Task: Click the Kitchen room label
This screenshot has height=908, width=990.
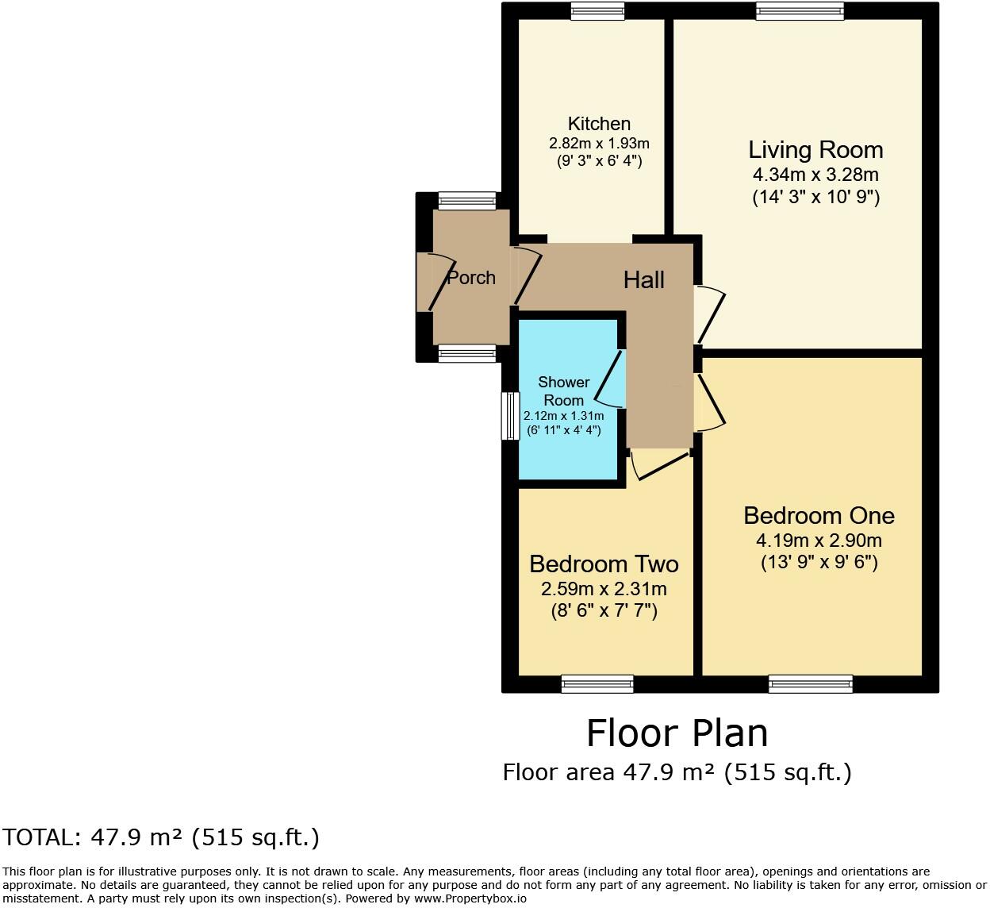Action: [599, 124]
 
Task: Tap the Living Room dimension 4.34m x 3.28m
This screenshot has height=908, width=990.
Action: [815, 175]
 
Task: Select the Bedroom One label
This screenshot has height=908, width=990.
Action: [819, 516]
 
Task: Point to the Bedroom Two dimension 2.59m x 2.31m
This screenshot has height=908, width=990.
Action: [604, 589]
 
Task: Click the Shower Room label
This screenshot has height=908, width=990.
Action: [563, 391]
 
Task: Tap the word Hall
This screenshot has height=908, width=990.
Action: [643, 279]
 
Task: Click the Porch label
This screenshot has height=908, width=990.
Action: [471, 278]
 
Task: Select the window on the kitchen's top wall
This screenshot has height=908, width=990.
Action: [597, 11]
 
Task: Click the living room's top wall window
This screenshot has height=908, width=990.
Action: [800, 11]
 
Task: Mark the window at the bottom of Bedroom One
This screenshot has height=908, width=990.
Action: [811, 683]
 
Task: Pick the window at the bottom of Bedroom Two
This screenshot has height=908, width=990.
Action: [597, 683]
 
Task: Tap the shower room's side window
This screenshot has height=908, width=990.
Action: [510, 415]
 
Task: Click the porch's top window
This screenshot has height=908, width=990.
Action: [467, 201]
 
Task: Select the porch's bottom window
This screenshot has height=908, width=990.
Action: [467, 354]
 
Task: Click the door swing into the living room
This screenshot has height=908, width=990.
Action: [709, 315]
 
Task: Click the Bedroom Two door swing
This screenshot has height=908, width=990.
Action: [658, 465]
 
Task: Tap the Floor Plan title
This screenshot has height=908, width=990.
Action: [677, 733]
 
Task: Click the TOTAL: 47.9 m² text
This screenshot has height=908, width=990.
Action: [160, 837]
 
